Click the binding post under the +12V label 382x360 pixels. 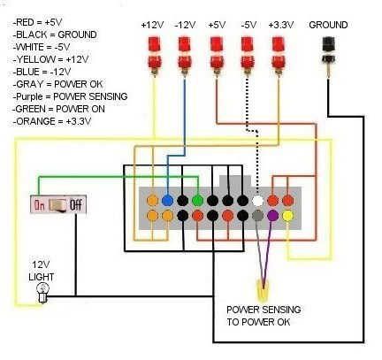[x=154, y=56]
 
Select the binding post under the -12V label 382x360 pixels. [x=185, y=56]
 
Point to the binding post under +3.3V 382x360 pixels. [x=278, y=56]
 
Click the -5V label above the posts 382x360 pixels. [x=248, y=25]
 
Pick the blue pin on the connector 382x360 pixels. [x=167, y=201]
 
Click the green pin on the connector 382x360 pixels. [x=198, y=201]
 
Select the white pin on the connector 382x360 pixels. [x=258, y=201]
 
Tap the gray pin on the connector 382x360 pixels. [x=258, y=216]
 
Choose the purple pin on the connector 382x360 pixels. [x=273, y=216]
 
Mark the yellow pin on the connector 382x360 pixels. [x=288, y=216]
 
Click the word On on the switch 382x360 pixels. [x=40, y=204]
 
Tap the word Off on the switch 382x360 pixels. [x=76, y=204]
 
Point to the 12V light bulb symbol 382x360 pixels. [x=43, y=293]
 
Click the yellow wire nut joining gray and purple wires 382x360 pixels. [x=263, y=289]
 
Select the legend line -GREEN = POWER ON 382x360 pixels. [x=58, y=109]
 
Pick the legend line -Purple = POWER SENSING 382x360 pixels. [x=70, y=96]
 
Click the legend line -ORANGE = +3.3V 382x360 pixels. [x=52, y=121]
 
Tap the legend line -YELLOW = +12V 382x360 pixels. [x=50, y=59]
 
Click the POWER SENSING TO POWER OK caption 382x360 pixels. [x=264, y=316]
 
